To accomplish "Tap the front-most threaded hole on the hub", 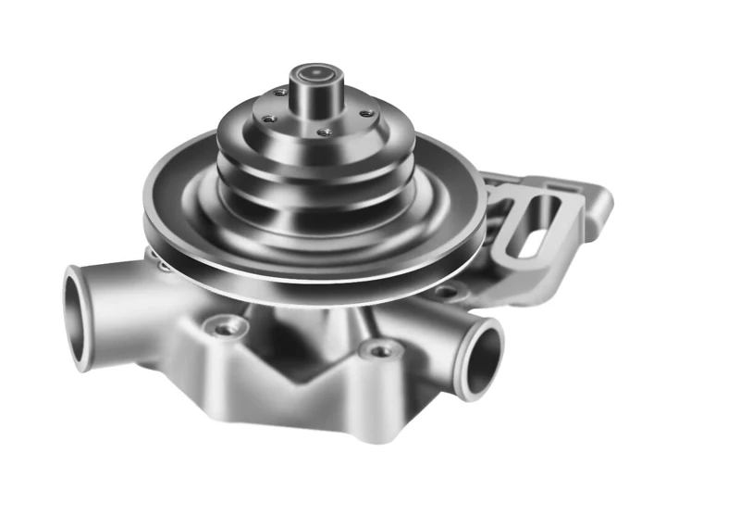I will tap(323, 132).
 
